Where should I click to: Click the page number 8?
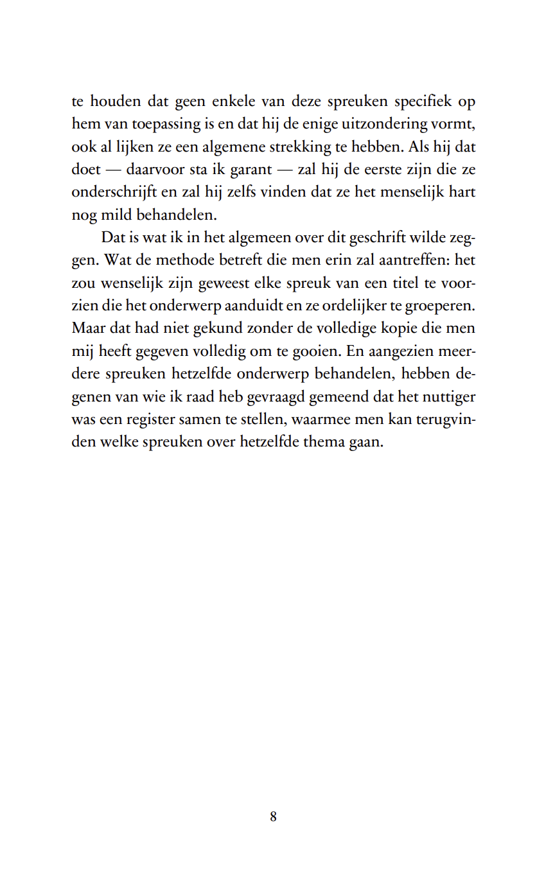click(273, 817)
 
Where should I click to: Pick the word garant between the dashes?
click(252, 170)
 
